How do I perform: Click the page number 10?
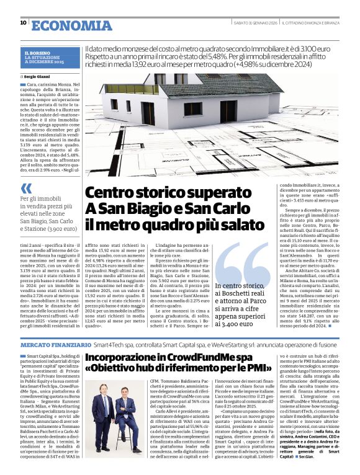[x=23, y=23]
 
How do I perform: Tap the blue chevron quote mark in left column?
[x=25, y=188]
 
